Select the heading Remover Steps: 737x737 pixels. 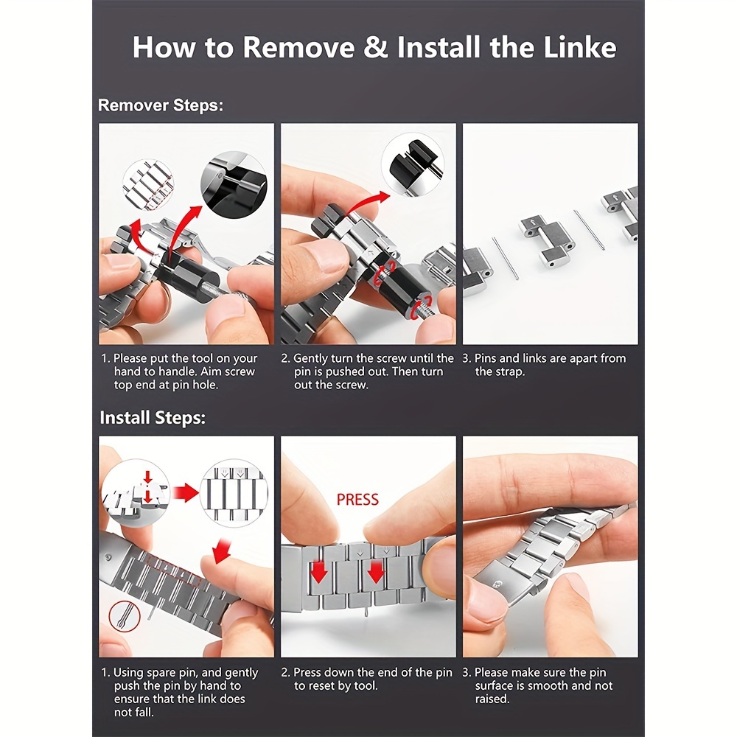pyautogui.click(x=160, y=105)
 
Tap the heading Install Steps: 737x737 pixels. pyautogui.click(x=153, y=417)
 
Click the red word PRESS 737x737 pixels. pyautogui.click(x=357, y=499)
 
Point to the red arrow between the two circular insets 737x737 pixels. pyautogui.click(x=186, y=493)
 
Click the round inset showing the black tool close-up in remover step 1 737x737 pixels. pyautogui.click(x=234, y=184)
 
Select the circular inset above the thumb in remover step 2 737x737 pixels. pyautogui.click(x=412, y=164)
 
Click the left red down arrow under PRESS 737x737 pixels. pyautogui.click(x=319, y=573)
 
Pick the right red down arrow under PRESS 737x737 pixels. pyautogui.click(x=376, y=573)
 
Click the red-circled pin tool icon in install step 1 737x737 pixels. pyautogui.click(x=125, y=616)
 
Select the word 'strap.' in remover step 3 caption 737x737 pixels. pyautogui.click(x=509, y=371)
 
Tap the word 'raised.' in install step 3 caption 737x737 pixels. pyautogui.click(x=492, y=699)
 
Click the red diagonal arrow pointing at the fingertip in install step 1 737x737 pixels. pyautogui.click(x=221, y=551)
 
